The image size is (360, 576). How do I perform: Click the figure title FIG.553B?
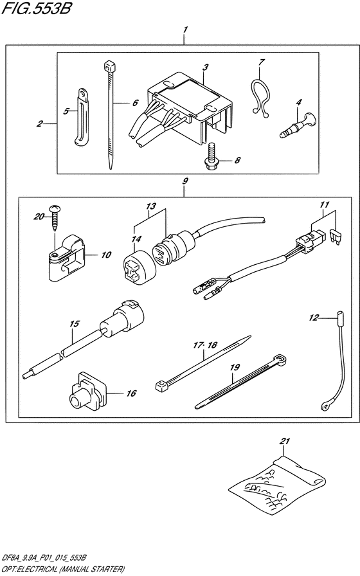[36, 8]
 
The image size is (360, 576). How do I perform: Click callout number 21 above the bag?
[285, 441]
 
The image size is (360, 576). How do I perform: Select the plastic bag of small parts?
[277, 483]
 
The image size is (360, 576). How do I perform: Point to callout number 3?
[206, 67]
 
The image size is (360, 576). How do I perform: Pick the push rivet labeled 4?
[298, 126]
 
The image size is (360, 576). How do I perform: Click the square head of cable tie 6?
[109, 66]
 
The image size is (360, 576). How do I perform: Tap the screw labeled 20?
[55, 218]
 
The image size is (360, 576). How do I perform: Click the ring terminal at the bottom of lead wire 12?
[325, 405]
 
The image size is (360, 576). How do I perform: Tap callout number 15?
[74, 323]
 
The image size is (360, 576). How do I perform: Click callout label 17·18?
[205, 345]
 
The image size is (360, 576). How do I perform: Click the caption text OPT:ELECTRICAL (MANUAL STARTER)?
[63, 570]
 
